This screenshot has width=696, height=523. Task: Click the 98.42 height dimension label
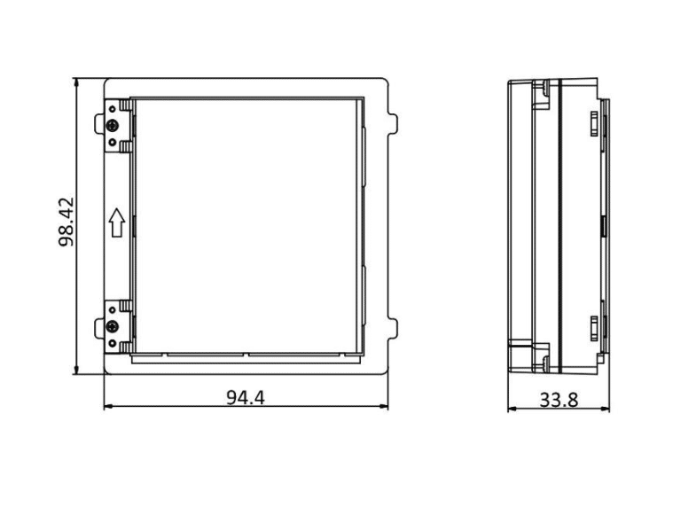(66, 222)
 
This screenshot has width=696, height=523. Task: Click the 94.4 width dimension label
(246, 397)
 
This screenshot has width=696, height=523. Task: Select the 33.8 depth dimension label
(559, 400)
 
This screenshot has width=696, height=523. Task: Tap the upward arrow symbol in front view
(117, 222)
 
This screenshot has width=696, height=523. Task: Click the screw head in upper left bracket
(113, 126)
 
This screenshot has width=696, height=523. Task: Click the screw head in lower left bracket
(113, 328)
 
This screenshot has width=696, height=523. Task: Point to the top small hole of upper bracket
(113, 109)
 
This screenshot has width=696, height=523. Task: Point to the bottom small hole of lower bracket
(113, 343)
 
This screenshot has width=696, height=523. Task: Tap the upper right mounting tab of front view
(393, 123)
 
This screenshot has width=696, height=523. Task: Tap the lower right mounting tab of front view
(393, 328)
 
